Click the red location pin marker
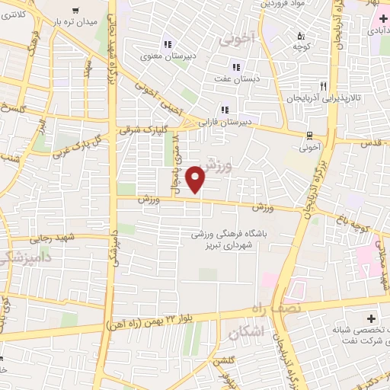tap(197, 181)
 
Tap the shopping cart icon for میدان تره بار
tap(75, 11)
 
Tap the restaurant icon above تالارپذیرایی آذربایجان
tap(324, 86)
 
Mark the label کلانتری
tap(18, 15)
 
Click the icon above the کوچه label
tap(301, 35)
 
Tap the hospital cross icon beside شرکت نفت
tap(372, 318)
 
